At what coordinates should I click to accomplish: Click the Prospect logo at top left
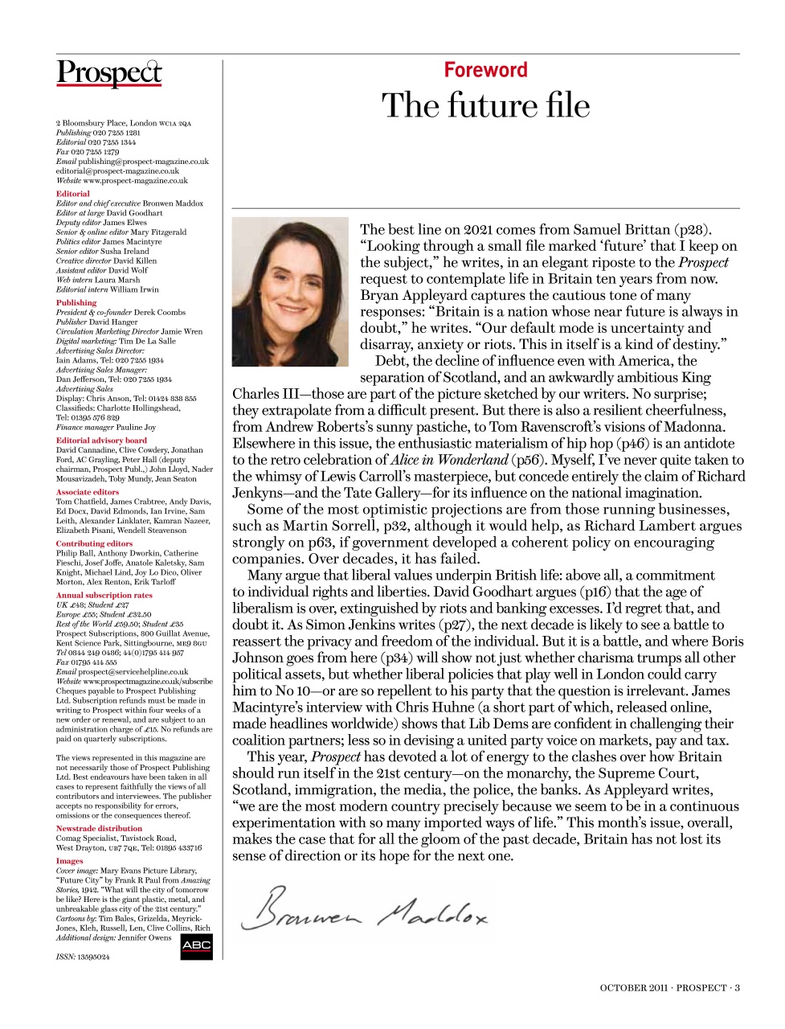[x=109, y=73]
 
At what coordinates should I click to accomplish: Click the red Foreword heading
[x=485, y=70]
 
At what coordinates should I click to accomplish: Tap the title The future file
[x=485, y=105]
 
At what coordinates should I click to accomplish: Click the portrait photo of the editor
[x=292, y=291]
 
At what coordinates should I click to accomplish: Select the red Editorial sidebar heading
[x=73, y=194]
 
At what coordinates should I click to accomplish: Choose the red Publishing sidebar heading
[x=76, y=303]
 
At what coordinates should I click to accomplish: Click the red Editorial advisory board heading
[x=101, y=441]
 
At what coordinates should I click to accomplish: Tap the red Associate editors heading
[x=88, y=492]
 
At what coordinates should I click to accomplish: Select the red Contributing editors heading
[x=94, y=543]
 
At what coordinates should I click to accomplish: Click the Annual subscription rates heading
[x=104, y=595]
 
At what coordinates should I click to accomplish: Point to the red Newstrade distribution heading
[x=99, y=828]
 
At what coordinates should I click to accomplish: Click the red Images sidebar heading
[x=70, y=861]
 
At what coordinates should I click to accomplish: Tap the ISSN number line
[x=83, y=957]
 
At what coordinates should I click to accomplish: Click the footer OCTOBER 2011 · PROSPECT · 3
[x=669, y=988]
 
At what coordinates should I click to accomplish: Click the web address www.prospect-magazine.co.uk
[x=135, y=181]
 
